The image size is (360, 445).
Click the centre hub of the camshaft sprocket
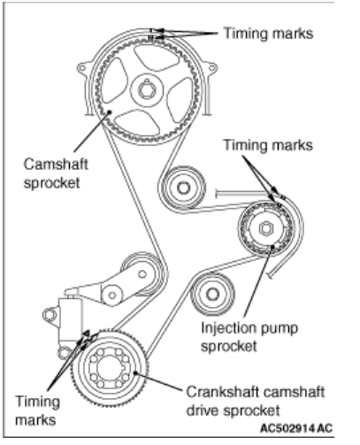click(x=147, y=89)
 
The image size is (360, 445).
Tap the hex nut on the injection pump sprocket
click(x=266, y=228)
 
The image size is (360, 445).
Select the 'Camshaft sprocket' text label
click(x=56, y=173)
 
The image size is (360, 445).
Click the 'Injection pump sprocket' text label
click(x=249, y=337)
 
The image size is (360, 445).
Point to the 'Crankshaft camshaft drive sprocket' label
click(x=256, y=401)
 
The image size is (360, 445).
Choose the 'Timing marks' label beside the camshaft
click(x=268, y=34)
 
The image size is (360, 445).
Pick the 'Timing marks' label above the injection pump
click(x=268, y=145)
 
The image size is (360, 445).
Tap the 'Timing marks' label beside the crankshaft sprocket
click(x=37, y=410)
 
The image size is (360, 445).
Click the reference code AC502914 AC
click(x=296, y=428)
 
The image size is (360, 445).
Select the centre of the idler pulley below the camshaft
click(x=183, y=188)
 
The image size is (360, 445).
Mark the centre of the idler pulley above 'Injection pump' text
click(x=213, y=294)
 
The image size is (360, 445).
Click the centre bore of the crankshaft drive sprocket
click(x=110, y=367)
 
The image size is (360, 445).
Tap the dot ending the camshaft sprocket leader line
click(x=110, y=111)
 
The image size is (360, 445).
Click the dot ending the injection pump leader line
click(x=272, y=247)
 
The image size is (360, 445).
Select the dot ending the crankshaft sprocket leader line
click(x=135, y=372)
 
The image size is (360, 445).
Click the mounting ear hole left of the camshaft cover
click(x=81, y=68)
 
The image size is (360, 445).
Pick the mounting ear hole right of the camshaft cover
click(x=211, y=68)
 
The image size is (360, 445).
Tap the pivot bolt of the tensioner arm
click(x=112, y=295)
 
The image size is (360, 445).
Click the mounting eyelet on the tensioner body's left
click(x=50, y=315)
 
